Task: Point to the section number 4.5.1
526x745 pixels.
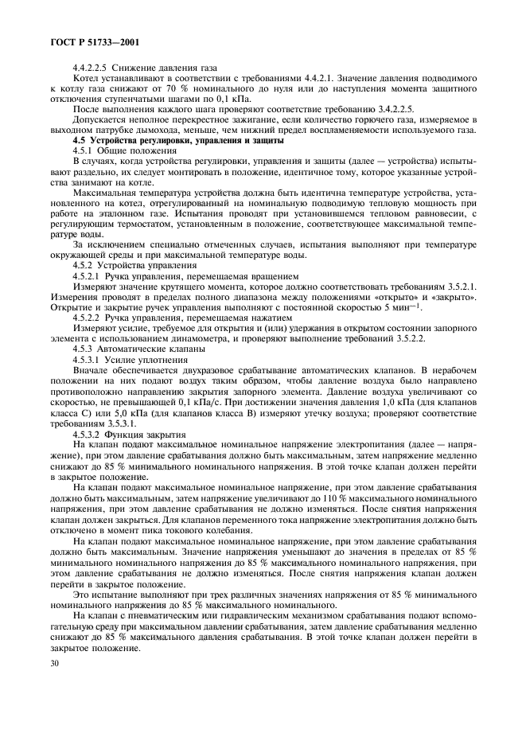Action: (84, 150)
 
